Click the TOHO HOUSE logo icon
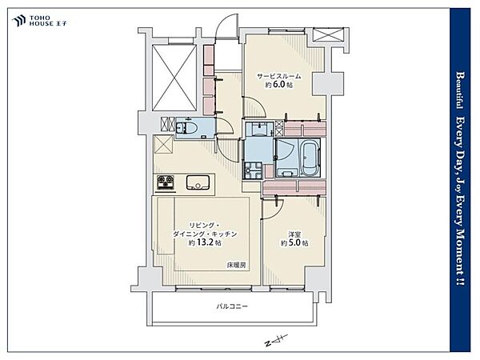point(18,21)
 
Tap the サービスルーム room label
point(279,76)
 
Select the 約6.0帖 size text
point(279,85)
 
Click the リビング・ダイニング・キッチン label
point(205,230)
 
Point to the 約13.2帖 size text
point(205,243)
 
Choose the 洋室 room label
point(294,234)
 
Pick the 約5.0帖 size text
point(294,243)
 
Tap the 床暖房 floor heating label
point(236,265)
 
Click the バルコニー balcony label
point(232,306)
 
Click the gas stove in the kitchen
point(166,182)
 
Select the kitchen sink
point(198,182)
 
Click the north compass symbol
point(277,340)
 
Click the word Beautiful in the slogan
point(459,90)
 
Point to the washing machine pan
point(253,170)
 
